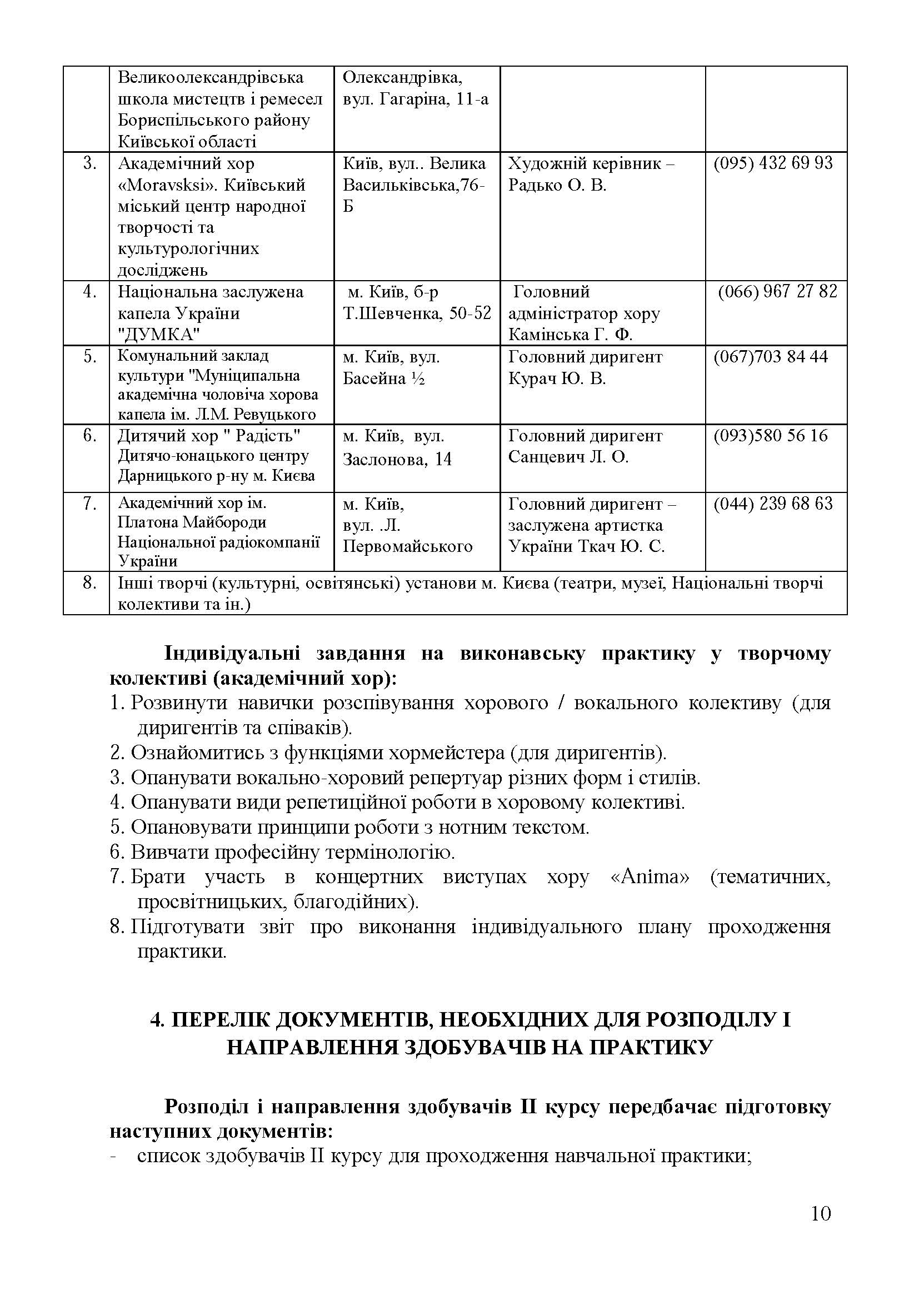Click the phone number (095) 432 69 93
772,163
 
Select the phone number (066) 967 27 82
777,292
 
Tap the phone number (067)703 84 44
770,357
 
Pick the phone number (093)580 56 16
770,436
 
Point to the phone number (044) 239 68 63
772,504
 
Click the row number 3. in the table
89,163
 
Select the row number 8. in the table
89,582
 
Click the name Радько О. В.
557,185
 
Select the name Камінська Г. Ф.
570,335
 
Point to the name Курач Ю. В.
556,378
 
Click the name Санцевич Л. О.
568,457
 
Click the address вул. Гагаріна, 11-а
416,99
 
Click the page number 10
821,1230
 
